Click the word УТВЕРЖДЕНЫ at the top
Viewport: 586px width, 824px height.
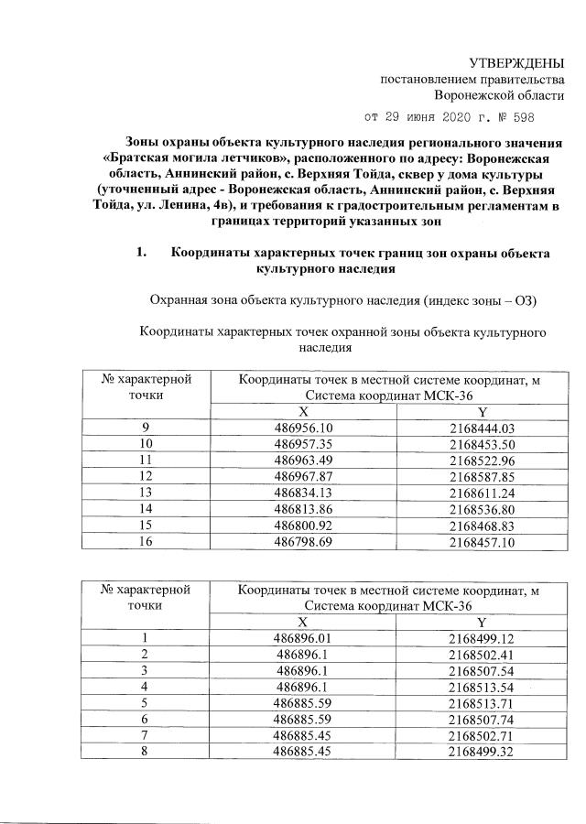(516, 62)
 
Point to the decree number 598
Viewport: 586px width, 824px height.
(510, 118)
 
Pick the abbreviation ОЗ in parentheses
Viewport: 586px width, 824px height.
(522, 301)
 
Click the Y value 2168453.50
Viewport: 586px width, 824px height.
(483, 443)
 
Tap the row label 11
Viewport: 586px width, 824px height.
(146, 458)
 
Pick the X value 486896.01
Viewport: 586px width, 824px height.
(302, 637)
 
